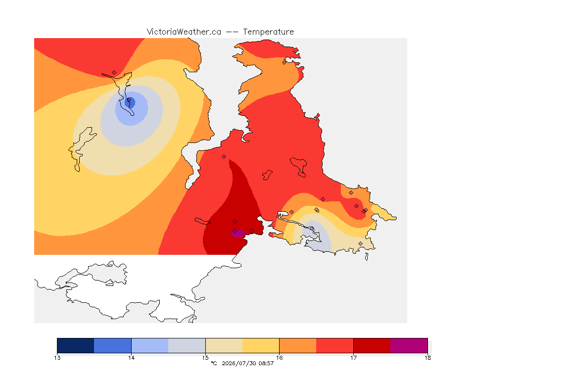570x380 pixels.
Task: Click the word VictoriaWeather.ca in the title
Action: point(184,32)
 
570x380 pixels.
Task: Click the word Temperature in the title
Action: point(268,32)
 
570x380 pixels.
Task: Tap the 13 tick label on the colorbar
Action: point(57,358)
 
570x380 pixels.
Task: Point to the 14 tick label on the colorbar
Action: point(131,358)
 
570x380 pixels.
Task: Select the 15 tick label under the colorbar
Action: point(205,358)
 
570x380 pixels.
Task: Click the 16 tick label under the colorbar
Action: point(279,358)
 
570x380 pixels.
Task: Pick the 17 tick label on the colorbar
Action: point(353,358)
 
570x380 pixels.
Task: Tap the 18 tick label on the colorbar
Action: point(427,358)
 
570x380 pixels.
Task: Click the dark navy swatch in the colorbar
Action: point(76,345)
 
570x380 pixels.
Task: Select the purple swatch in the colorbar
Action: point(409,345)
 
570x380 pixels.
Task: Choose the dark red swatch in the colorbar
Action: point(372,345)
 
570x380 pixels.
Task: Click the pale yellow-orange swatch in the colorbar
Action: point(261,345)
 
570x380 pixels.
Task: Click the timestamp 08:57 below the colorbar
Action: point(266,363)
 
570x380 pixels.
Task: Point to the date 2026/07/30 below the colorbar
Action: point(238,363)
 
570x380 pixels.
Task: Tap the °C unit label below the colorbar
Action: point(214,363)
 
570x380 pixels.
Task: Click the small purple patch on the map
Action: point(238,234)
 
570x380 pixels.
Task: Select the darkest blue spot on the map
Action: point(130,102)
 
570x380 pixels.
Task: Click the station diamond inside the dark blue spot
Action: point(129,100)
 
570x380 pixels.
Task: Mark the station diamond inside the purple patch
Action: point(235,231)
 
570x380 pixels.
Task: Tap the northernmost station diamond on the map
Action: point(285,62)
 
